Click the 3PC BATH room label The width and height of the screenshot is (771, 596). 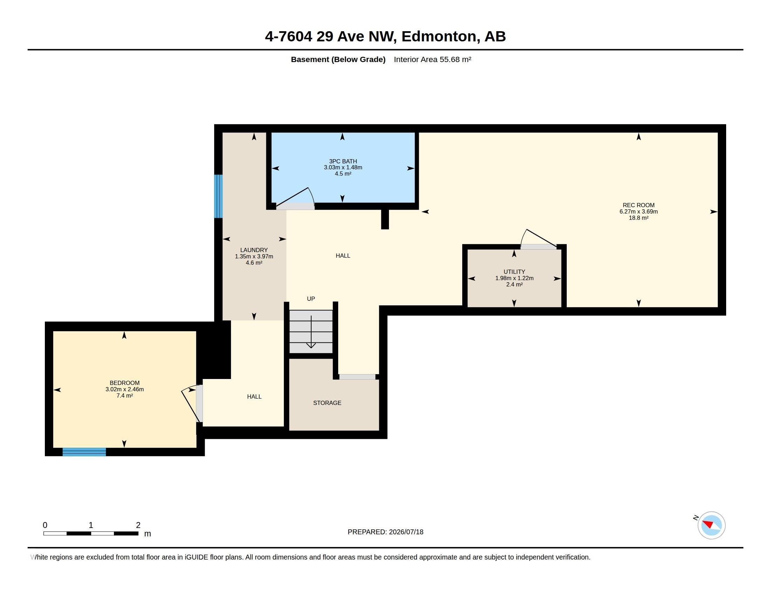pyautogui.click(x=343, y=161)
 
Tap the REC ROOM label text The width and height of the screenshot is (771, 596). pyautogui.click(x=638, y=205)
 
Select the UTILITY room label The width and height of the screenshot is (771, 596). pyautogui.click(x=514, y=272)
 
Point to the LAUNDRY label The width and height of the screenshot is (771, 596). pyautogui.click(x=254, y=250)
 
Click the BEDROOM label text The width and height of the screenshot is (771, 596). pyautogui.click(x=125, y=383)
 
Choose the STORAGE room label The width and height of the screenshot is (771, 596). pyautogui.click(x=327, y=403)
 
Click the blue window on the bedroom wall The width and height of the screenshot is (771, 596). pyautogui.click(x=84, y=452)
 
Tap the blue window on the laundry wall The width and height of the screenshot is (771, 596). pyautogui.click(x=219, y=196)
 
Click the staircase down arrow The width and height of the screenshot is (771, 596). pyautogui.click(x=311, y=332)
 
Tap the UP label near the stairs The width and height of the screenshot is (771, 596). pyautogui.click(x=311, y=299)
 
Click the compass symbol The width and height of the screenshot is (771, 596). pyautogui.click(x=711, y=525)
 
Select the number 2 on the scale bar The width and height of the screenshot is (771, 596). pyautogui.click(x=138, y=525)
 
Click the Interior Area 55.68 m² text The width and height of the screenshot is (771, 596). pyautogui.click(x=432, y=59)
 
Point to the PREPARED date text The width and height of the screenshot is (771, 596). pyautogui.click(x=385, y=532)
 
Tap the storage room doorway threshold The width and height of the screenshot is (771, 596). pyautogui.click(x=357, y=377)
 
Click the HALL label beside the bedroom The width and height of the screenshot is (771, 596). pyautogui.click(x=254, y=397)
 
